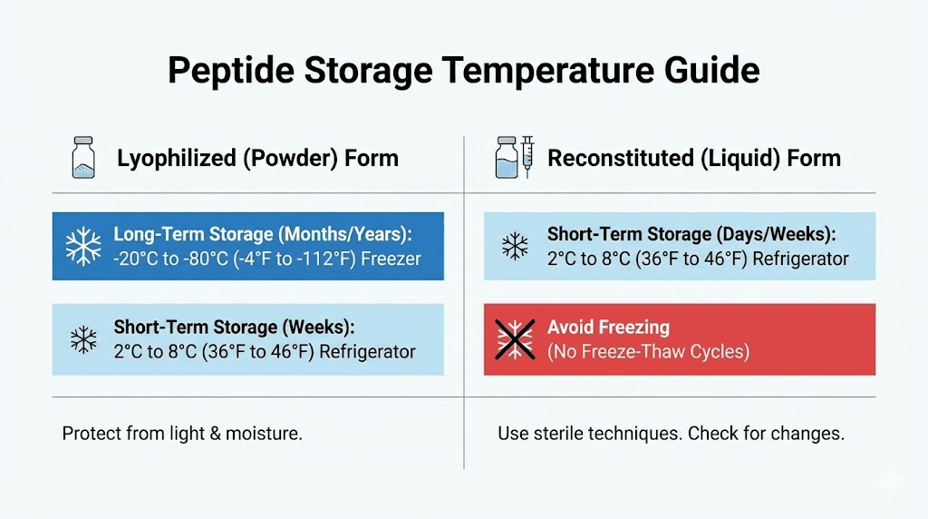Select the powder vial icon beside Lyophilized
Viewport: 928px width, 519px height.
click(83, 157)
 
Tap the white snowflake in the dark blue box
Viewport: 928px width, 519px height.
click(83, 247)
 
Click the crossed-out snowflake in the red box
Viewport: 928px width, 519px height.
click(515, 339)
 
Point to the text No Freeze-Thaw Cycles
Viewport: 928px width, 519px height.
click(648, 351)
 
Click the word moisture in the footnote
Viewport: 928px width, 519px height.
click(266, 434)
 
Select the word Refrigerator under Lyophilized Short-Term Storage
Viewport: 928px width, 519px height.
click(368, 351)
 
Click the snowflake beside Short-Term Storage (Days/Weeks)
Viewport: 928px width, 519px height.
click(515, 246)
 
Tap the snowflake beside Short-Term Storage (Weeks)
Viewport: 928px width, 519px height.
click(83, 339)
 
